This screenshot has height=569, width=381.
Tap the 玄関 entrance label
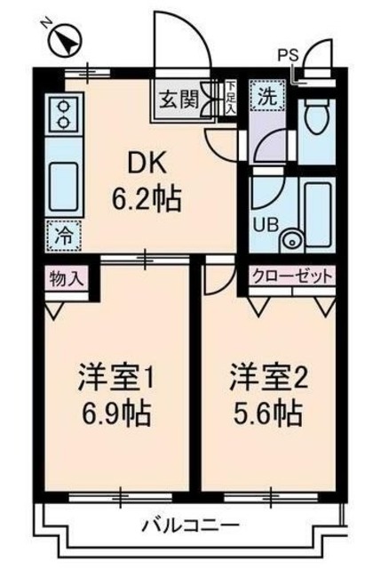tap(179, 98)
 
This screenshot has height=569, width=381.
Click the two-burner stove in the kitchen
tap(62, 114)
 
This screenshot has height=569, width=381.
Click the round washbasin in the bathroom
tap(290, 238)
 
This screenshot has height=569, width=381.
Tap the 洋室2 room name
tap(268, 379)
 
